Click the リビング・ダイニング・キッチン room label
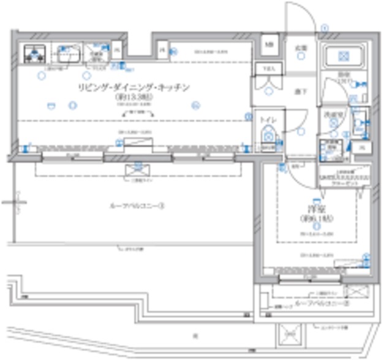(134, 88)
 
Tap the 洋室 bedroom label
(317, 209)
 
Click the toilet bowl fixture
(267, 136)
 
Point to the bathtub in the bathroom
(344, 58)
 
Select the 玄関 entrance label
(302, 47)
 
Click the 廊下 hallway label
(300, 91)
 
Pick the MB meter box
(269, 44)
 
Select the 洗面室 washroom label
(333, 114)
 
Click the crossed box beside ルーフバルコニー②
(356, 291)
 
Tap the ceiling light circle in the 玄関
(301, 56)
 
